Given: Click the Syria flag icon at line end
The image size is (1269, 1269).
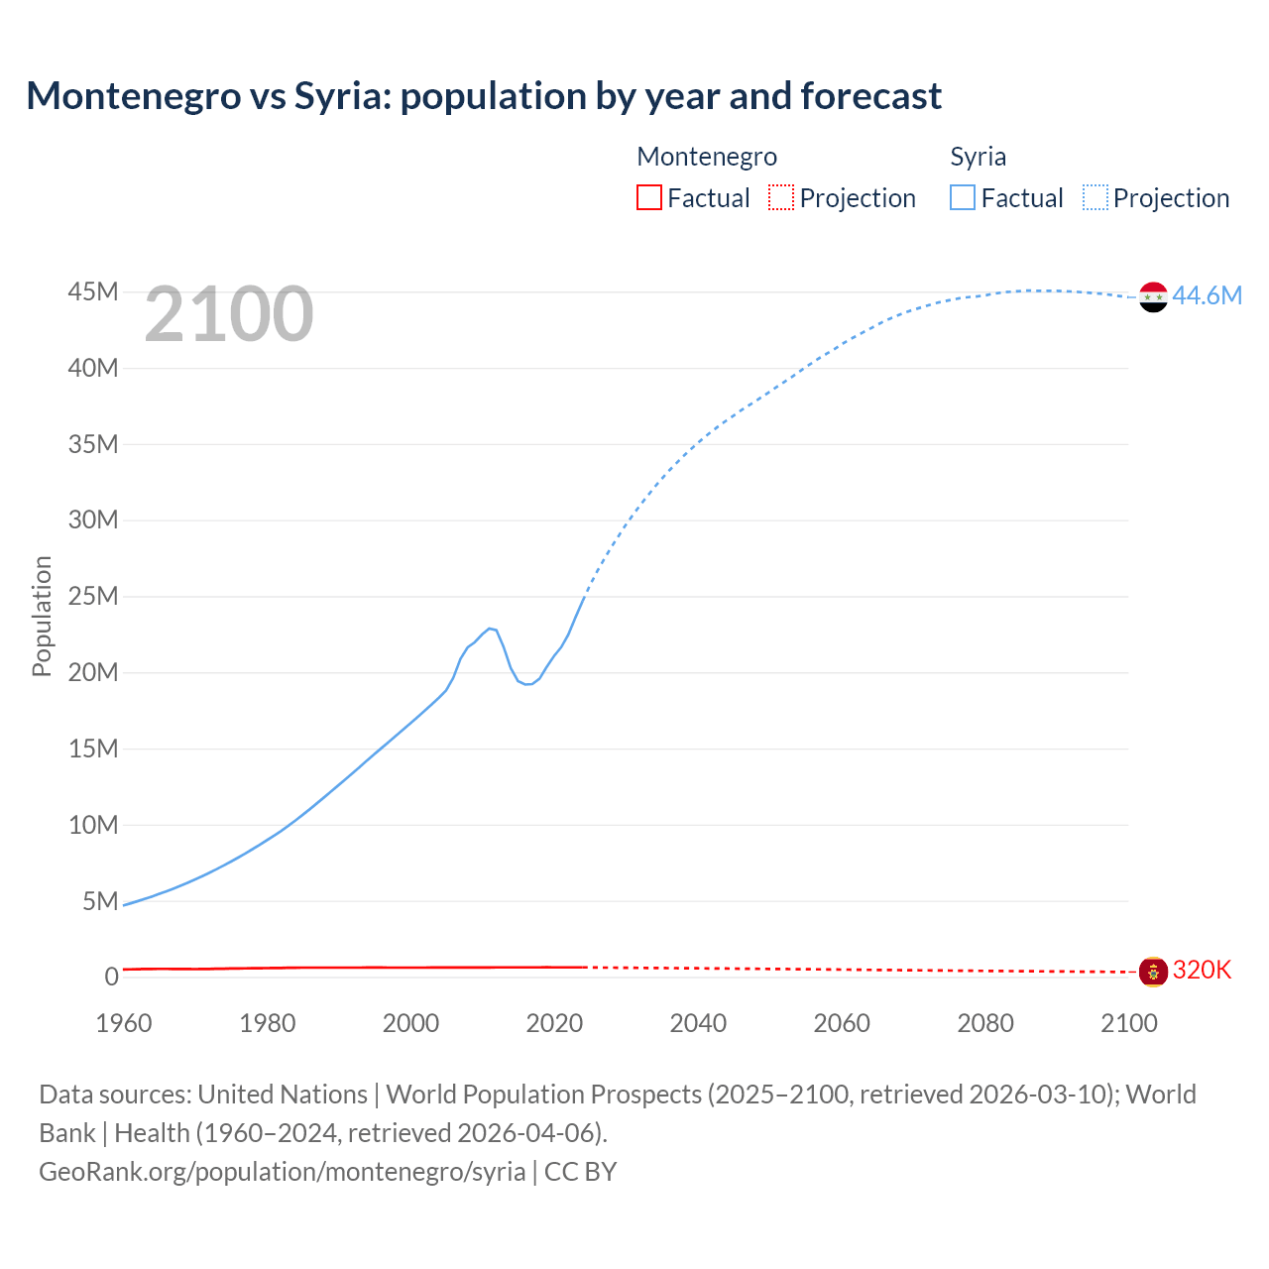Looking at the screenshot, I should pos(1153,296).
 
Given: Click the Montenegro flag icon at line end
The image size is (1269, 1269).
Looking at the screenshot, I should pos(1153,972).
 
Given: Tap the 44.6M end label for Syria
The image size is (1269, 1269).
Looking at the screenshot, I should pos(1207,295).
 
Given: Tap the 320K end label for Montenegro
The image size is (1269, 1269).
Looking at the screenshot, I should pos(1202,970).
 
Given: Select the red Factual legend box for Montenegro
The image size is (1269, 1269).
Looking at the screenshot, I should pos(648,197).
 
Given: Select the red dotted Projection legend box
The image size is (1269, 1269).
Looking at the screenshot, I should pos(781,197).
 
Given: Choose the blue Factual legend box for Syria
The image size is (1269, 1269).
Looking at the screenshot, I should pos(962,197).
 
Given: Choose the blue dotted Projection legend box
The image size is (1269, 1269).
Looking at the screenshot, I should pos(1096,197).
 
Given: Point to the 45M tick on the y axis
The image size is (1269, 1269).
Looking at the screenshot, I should pos(93,292).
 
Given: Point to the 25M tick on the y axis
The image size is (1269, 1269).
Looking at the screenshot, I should pos(93,597).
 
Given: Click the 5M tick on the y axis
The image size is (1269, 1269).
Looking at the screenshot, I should pos(100,901).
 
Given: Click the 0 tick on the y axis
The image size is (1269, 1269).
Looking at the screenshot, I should pos(111,978).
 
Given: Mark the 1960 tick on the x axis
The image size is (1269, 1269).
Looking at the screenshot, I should pos(124,1023).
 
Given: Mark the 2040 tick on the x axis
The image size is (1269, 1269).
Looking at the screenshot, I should pos(698,1023).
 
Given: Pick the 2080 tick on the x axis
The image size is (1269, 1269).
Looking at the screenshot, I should pos(985,1023).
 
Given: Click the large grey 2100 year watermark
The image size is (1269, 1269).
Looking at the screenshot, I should pos(229,314).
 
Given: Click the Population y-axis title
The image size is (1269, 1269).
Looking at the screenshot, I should pos(42,616).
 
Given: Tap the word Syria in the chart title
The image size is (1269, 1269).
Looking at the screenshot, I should pos(341,96).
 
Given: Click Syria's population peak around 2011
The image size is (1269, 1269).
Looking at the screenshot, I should pos(490,628).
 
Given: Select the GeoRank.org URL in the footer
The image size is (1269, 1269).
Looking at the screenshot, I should pos(283,1171).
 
